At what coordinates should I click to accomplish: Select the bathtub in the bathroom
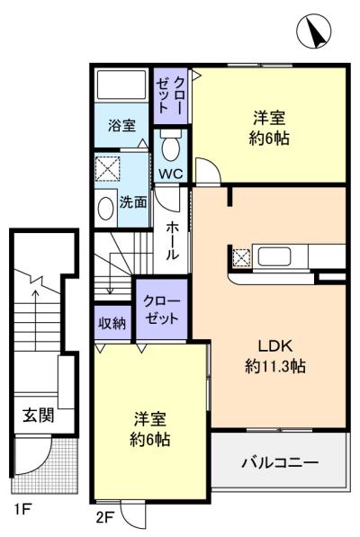point(121,86)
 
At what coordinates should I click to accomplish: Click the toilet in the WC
point(170,143)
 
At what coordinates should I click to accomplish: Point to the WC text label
point(170,173)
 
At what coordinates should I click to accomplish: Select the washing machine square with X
point(108,168)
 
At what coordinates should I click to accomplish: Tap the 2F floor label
point(105,516)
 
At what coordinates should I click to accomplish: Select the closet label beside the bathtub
point(169,94)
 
